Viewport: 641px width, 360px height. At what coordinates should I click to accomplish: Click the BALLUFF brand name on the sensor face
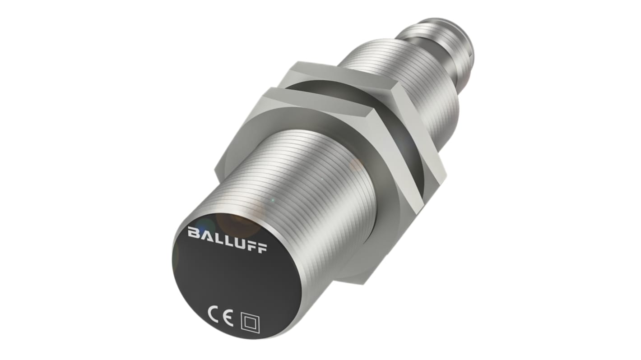click(228, 239)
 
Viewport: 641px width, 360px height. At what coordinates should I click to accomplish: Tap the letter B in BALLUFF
click(193, 233)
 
